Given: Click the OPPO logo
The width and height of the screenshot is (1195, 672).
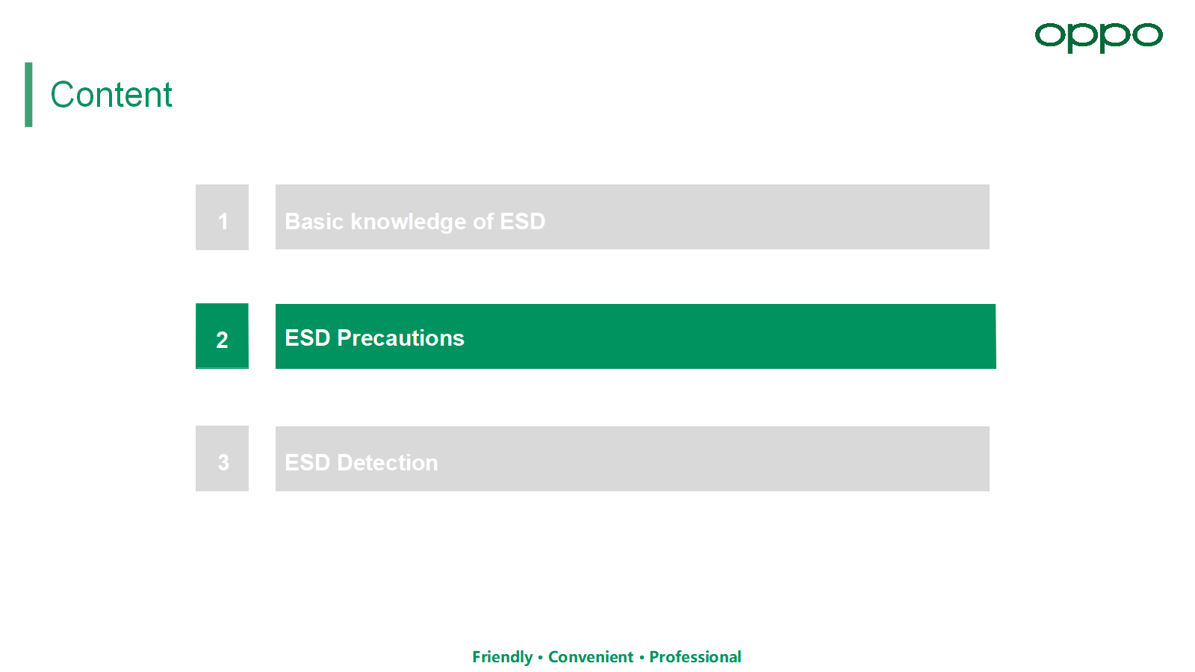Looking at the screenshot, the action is tap(1099, 37).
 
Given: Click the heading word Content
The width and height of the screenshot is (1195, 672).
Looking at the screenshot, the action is tap(111, 94).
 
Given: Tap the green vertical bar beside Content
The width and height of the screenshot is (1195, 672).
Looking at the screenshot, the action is tap(28, 94).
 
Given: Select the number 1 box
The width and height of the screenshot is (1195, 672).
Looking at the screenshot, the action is tap(222, 217).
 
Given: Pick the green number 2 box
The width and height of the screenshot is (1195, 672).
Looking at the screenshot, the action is tap(222, 336).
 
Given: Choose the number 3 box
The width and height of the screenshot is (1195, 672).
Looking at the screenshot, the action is tap(222, 458).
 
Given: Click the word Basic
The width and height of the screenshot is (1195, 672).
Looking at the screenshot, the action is tap(314, 221).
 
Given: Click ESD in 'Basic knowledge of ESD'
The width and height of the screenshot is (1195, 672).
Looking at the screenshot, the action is tap(522, 221).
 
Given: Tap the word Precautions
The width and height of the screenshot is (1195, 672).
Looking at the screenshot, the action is tap(400, 338).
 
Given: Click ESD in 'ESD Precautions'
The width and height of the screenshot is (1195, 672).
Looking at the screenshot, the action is tap(308, 338).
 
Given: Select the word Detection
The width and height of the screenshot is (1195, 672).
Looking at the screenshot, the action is tap(388, 462).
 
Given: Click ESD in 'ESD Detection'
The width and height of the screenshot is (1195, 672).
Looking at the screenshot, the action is tap(308, 462).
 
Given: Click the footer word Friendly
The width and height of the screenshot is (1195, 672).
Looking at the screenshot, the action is tap(503, 657).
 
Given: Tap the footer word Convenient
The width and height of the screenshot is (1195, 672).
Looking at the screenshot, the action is tap(591, 656).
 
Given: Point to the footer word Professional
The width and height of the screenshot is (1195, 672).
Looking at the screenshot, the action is tap(695, 656).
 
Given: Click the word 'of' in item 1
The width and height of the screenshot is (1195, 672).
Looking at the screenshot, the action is tap(482, 221).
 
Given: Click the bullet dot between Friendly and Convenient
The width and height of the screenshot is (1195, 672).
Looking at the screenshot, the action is tap(541, 657).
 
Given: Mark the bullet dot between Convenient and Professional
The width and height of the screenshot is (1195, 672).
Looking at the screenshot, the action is tap(642, 657).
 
